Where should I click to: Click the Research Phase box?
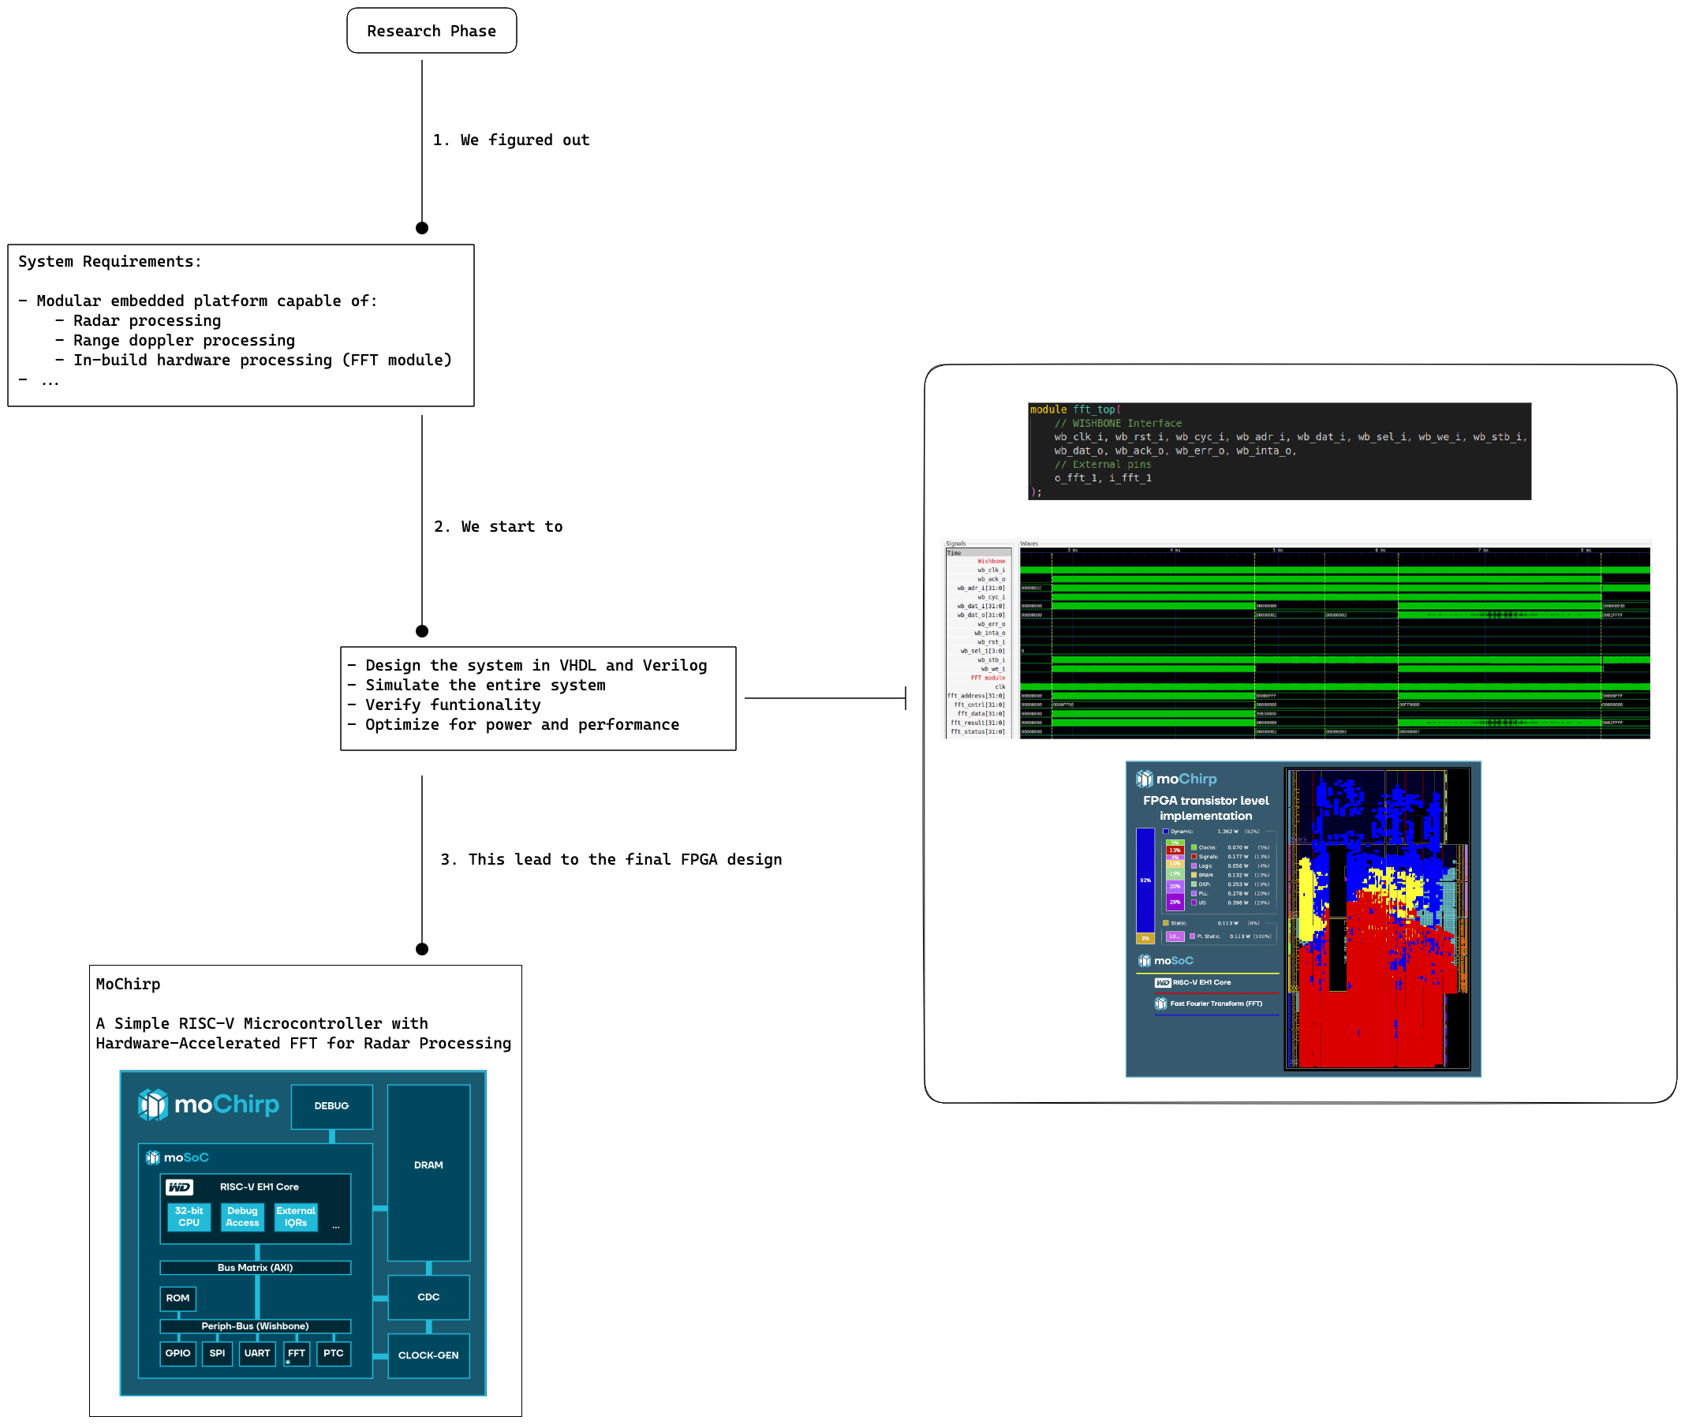(431, 31)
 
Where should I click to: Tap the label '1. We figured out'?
(511, 140)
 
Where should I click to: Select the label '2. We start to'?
(498, 527)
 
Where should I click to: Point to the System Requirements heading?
(110, 262)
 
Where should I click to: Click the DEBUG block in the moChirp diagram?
(331, 1106)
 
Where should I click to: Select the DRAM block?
(428, 1165)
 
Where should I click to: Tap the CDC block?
(428, 1297)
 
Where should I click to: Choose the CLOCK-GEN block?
(428, 1355)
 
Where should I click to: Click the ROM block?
(177, 1298)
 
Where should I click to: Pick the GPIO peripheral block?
(177, 1353)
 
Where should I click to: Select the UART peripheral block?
(256, 1353)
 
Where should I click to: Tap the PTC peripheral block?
(333, 1353)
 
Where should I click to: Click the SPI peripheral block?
(217, 1353)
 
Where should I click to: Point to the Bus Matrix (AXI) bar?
(255, 1267)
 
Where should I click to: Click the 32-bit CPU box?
(189, 1217)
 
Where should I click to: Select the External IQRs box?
(295, 1217)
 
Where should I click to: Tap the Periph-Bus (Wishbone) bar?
(255, 1325)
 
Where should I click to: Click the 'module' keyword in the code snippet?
(1048, 410)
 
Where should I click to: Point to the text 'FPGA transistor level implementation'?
(1205, 808)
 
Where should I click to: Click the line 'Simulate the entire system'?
(484, 686)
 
